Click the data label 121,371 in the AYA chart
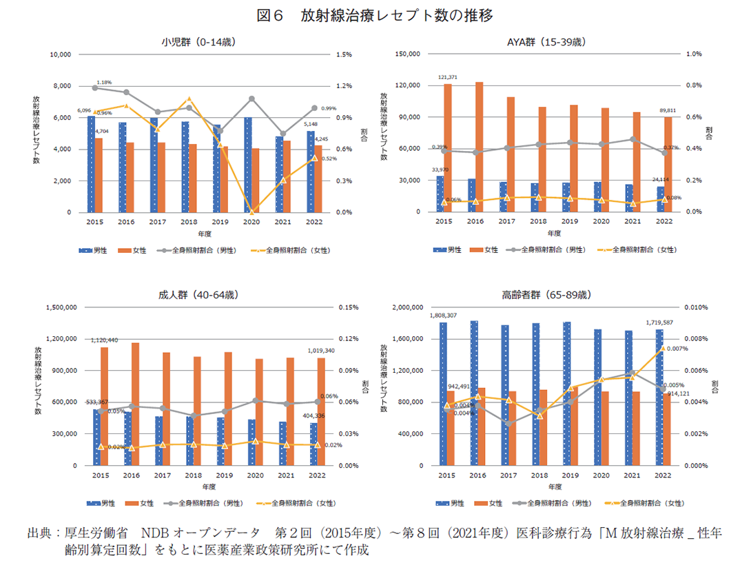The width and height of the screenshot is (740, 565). coord(448,76)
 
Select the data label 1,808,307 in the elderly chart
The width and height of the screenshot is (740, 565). coord(443,315)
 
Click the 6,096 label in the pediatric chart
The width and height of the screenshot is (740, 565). coord(84,110)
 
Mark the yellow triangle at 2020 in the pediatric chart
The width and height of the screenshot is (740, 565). coord(251,212)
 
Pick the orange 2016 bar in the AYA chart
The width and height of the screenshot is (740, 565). coord(480,147)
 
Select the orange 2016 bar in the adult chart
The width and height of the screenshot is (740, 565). coord(135,404)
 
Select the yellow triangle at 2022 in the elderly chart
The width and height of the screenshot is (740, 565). coord(663,349)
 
